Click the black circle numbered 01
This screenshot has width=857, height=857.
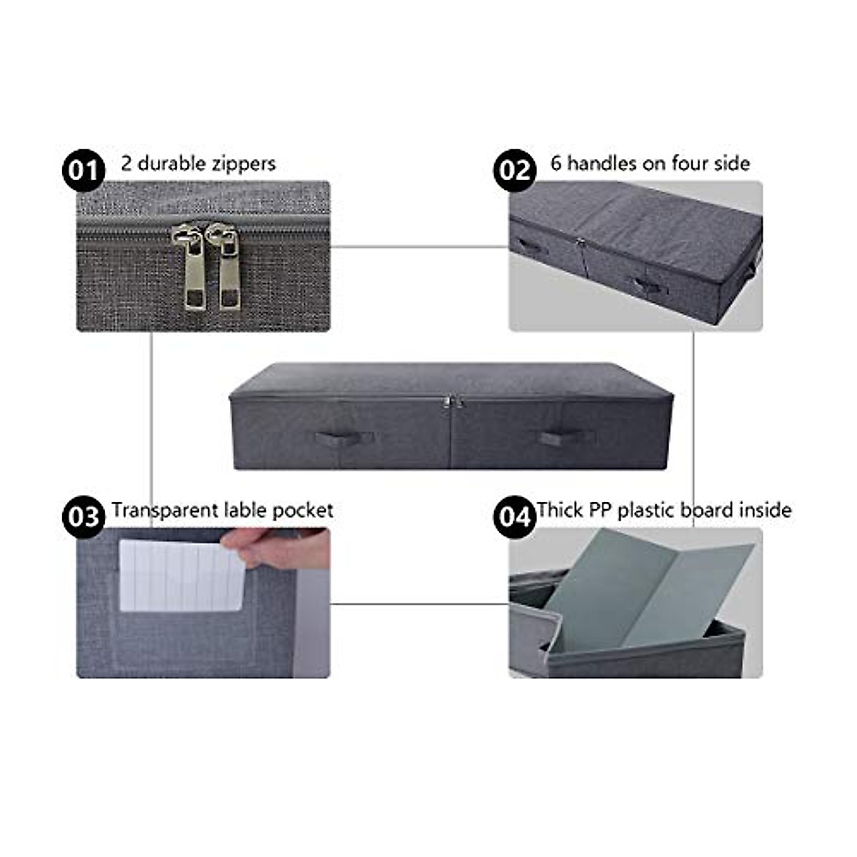84,171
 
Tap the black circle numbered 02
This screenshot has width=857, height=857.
514,171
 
